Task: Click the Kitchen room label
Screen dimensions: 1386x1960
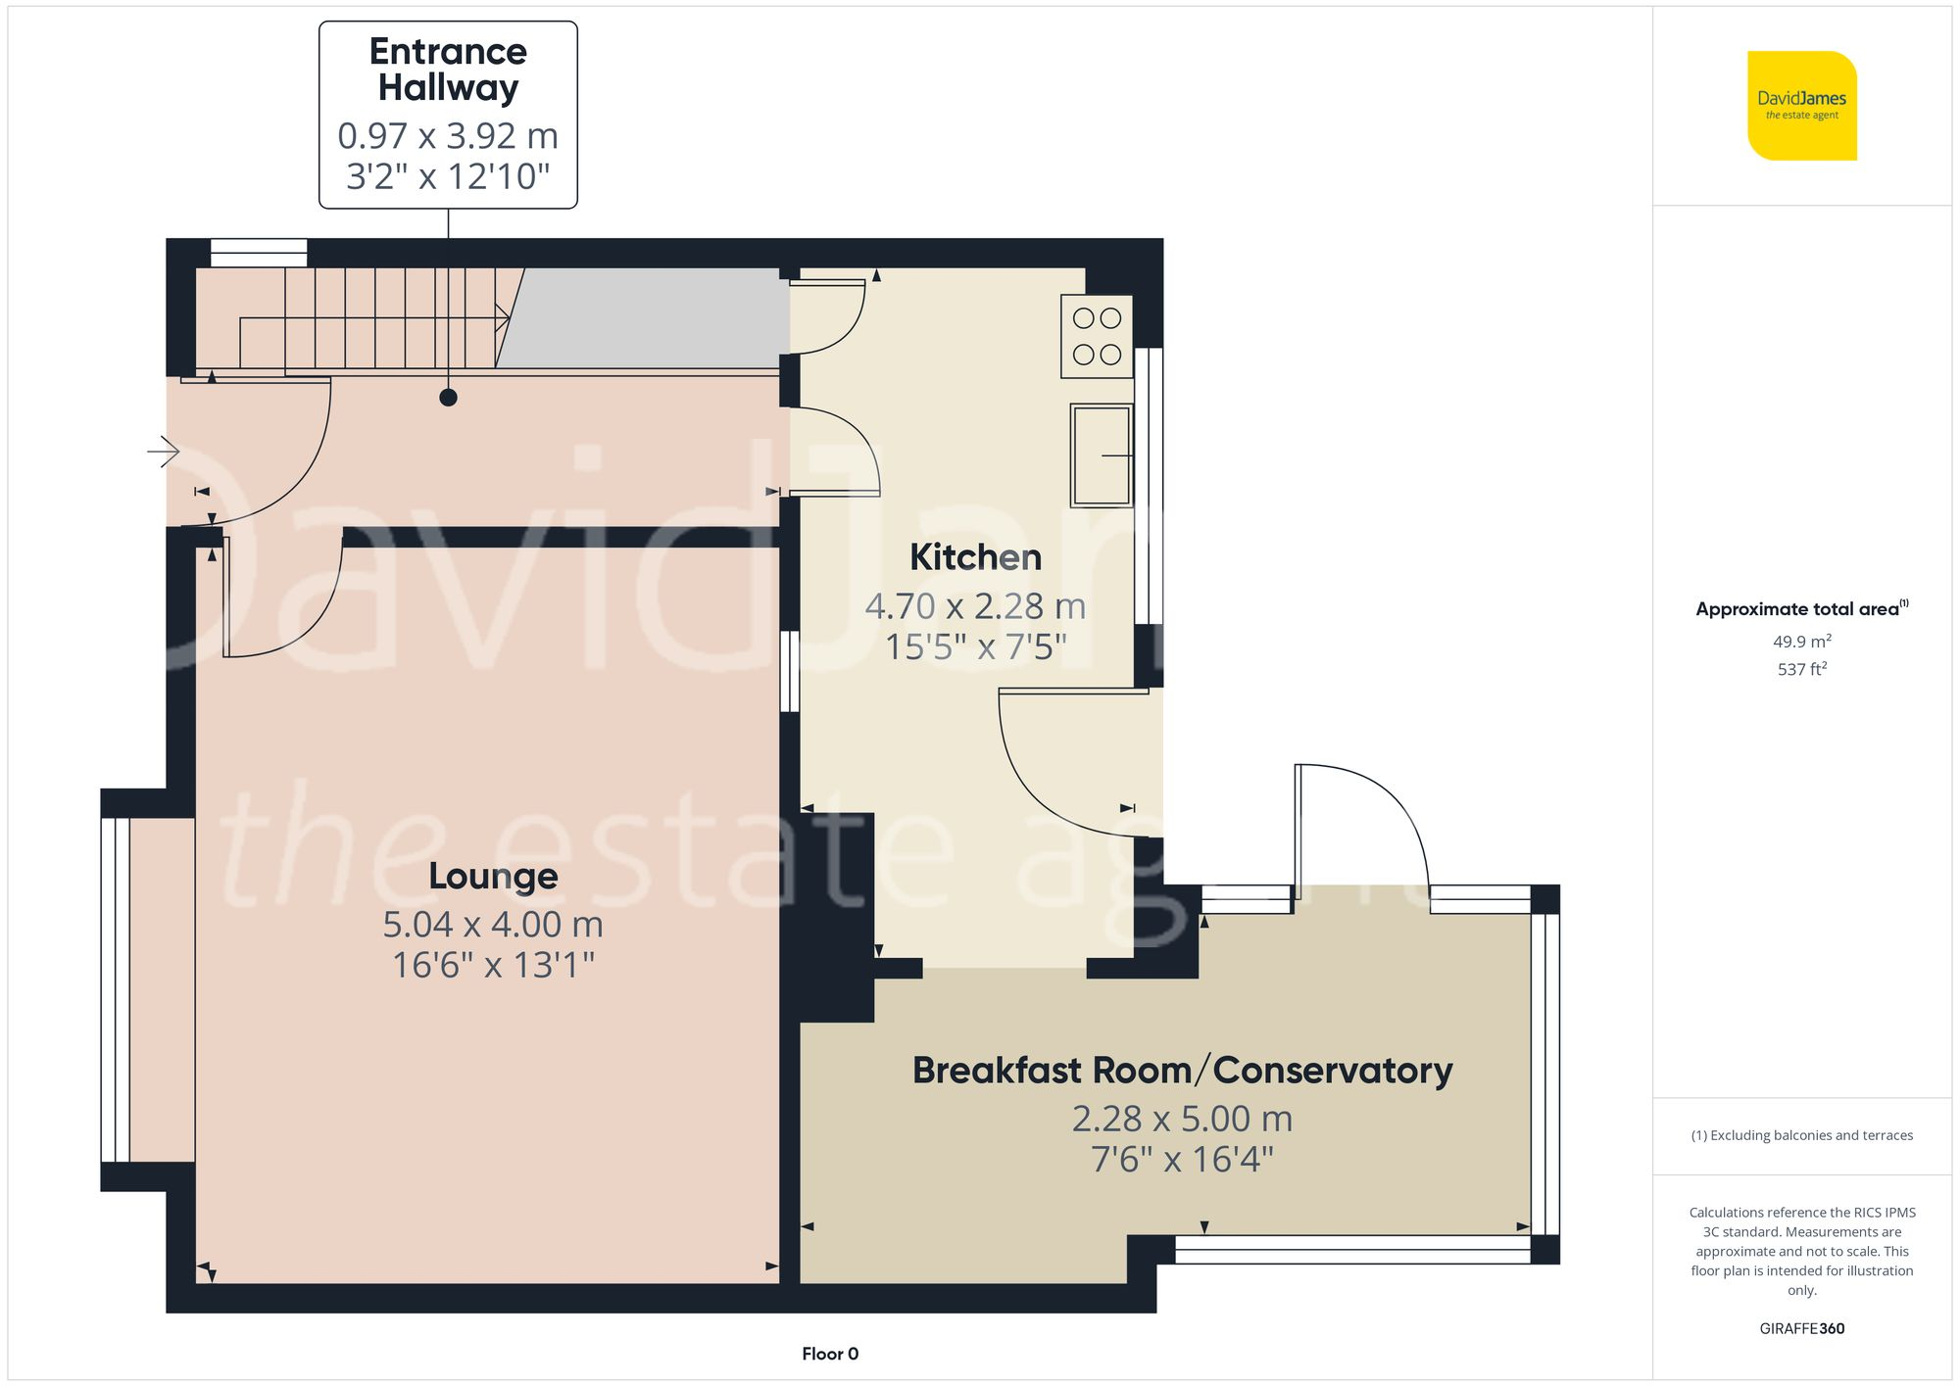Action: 975,557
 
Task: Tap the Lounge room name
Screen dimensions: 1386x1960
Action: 493,876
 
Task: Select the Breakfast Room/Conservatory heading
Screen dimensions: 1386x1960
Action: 1182,1071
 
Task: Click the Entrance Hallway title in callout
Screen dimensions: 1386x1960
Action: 448,69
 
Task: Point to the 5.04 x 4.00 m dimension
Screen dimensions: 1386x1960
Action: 493,924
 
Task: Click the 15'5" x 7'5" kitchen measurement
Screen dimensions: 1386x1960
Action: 975,647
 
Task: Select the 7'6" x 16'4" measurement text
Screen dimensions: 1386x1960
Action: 1182,1160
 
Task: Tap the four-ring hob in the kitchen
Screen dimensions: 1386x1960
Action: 1097,336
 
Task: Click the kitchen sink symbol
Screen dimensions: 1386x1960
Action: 1101,455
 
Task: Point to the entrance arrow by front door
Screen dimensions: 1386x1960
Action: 164,452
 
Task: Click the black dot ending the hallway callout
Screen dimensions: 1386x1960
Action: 448,398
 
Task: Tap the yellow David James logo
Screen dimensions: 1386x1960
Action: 1801,106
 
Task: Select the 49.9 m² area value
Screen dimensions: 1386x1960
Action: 1801,642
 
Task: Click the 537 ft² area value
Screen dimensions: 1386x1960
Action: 1801,669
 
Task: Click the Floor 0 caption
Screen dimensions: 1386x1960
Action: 830,1354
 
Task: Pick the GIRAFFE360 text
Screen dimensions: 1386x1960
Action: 1801,1328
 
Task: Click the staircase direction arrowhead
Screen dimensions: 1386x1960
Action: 503,317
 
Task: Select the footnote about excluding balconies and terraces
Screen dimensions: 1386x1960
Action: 1801,1135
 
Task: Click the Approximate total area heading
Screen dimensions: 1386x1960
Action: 1801,608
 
